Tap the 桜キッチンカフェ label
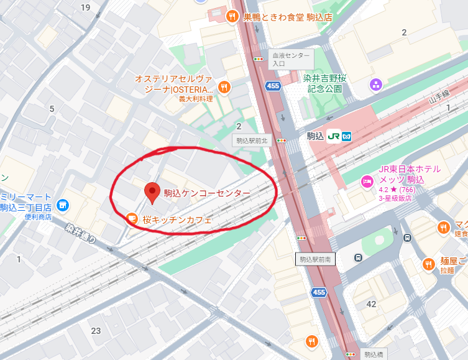pyautogui.click(x=177, y=219)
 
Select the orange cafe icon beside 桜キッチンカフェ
pyautogui.click(x=131, y=218)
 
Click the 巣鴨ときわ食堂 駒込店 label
pyautogui.click(x=288, y=17)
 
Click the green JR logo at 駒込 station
pyautogui.click(x=333, y=136)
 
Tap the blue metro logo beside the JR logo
pyautogui.click(x=347, y=136)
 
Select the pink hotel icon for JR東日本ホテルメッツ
pyautogui.click(x=367, y=180)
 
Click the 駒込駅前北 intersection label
pyautogui.click(x=252, y=141)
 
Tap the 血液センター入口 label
pyautogui.click(x=291, y=59)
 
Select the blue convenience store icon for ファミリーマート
pyautogui.click(x=62, y=205)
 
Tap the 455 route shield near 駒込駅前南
pyautogui.click(x=319, y=292)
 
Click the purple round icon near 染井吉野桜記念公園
pyautogui.click(x=375, y=84)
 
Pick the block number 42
pyautogui.click(x=372, y=304)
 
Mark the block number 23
pyautogui.click(x=96, y=330)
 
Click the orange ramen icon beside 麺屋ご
pyautogui.click(x=429, y=265)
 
